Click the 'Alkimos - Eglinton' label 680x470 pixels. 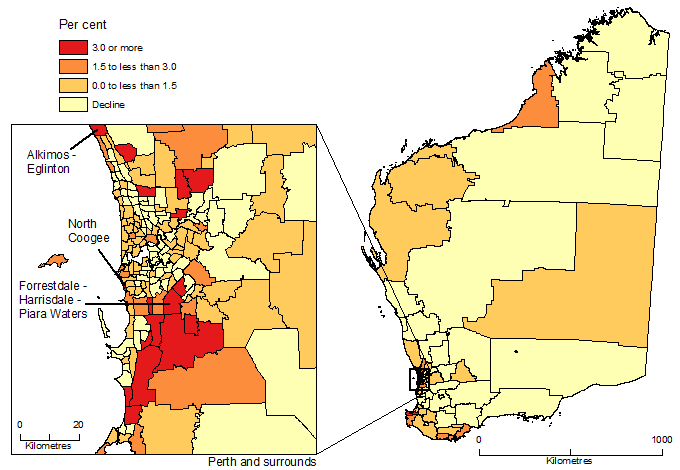click(x=56, y=163)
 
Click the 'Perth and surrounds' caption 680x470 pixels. click(x=262, y=462)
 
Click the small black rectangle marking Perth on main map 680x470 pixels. click(x=417, y=380)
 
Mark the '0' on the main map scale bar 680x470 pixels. click(x=479, y=440)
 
